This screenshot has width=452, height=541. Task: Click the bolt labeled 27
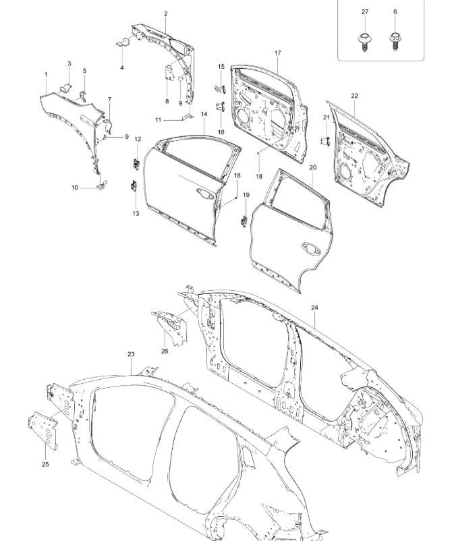point(364,42)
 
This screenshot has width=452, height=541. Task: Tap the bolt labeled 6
point(395,42)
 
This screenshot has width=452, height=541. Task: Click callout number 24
point(314,308)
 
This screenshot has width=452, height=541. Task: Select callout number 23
point(131,354)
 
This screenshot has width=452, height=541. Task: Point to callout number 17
point(278,53)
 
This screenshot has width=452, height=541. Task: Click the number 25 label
point(45,464)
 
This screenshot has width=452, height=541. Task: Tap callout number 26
point(165,351)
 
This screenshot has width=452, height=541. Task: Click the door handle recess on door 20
point(311,248)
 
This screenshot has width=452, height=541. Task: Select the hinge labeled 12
point(137,164)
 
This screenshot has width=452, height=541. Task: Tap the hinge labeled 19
point(244,221)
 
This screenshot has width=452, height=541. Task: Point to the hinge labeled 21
point(326,140)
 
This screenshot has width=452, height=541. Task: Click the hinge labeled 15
point(220,89)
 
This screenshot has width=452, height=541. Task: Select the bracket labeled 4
point(123,43)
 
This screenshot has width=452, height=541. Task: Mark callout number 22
point(354,96)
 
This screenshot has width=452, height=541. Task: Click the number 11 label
point(158,120)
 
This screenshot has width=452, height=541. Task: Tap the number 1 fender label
point(46,74)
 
